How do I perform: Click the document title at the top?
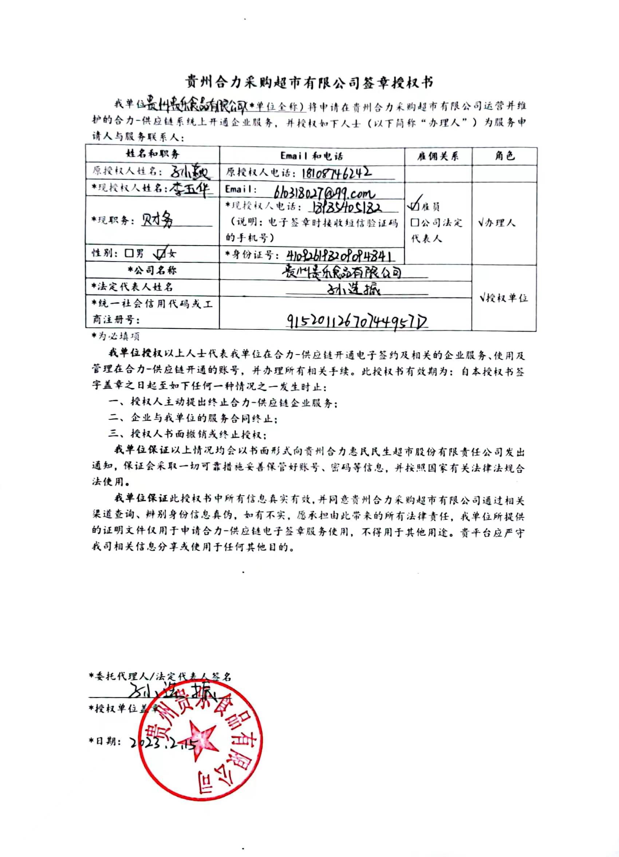(309, 82)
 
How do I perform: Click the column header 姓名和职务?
(153, 154)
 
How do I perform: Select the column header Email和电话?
(312, 156)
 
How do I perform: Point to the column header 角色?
(505, 156)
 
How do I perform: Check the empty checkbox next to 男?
(129, 253)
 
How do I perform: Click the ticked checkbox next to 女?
(161, 254)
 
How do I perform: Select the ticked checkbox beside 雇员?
(414, 206)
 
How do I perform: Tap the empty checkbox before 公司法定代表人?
(415, 223)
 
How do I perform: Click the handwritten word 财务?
(158, 220)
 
